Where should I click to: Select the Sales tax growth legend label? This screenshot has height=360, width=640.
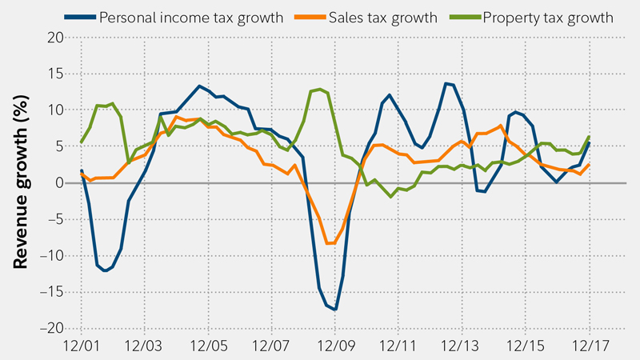(x=382, y=17)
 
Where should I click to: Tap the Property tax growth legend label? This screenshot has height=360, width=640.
(x=548, y=17)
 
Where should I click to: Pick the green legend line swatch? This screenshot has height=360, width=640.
(x=466, y=17)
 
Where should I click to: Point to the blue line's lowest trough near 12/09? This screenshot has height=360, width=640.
(x=336, y=309)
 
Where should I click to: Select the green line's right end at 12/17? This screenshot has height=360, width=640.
(x=589, y=137)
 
